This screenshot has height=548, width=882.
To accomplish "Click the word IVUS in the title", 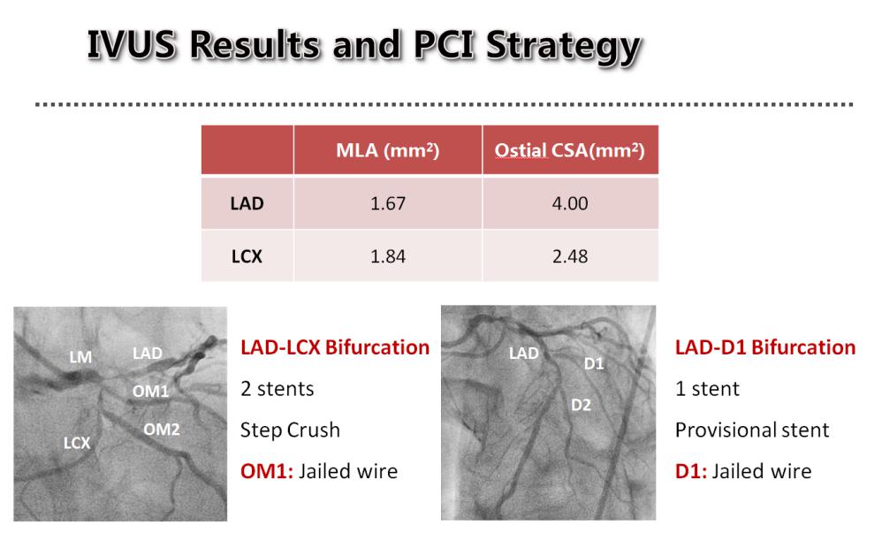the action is pos(131,44).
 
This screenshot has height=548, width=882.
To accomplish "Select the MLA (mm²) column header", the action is pos(388,150).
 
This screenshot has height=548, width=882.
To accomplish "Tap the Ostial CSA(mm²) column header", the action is pos(570,150).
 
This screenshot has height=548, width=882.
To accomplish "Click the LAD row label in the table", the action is pos(247,203).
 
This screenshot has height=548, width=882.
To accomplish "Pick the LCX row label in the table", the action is pos(247,256).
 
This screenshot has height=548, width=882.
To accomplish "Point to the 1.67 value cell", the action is pos(388,203).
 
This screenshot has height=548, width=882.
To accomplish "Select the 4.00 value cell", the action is pos(570,203).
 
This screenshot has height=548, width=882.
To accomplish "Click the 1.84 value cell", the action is pos(388,256).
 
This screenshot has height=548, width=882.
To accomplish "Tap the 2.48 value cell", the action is pos(570,256).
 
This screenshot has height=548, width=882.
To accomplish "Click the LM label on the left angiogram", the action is pos(80,357).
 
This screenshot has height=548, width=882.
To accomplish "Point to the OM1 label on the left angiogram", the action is pos(151,391).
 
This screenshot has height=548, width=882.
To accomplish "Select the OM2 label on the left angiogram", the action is pos(162,430).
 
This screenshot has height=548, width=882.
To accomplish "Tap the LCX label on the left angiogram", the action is pos(77,444).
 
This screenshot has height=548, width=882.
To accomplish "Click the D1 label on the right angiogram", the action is pos(594,363).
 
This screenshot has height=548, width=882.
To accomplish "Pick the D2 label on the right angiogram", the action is pos(581,405).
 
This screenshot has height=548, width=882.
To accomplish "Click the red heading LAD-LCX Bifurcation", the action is pos(335,347).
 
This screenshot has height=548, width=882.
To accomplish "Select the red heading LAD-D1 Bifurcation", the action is pos(765,347).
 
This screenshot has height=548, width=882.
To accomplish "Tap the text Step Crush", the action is pos(290,430).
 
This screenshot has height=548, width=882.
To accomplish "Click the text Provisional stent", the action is pos(752,430).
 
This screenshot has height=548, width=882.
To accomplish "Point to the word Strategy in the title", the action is pos(564,46).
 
